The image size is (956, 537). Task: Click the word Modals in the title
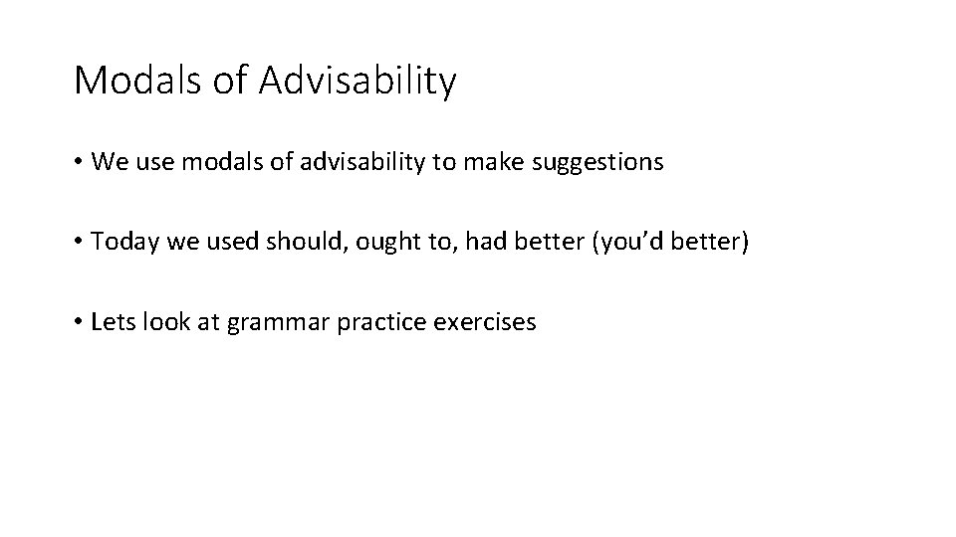(139, 81)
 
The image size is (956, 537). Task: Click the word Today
(123, 242)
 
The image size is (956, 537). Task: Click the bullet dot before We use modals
(78, 163)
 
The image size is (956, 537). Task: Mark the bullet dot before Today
(78, 243)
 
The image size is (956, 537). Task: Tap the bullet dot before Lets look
(78, 322)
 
